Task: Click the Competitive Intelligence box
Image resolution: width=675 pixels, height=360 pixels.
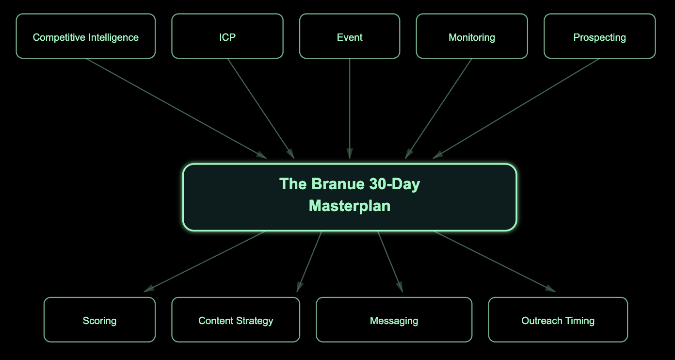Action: point(85,36)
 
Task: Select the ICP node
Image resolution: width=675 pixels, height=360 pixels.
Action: point(227,36)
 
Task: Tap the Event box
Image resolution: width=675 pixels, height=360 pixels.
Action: point(350,36)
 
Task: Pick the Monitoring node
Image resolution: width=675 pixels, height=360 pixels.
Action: point(472,36)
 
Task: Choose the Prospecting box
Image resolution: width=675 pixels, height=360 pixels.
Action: point(599,36)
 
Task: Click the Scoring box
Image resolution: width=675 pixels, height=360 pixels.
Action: point(99,320)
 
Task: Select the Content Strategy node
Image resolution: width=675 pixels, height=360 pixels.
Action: point(236,320)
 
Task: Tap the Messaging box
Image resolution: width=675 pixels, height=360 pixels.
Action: point(394,320)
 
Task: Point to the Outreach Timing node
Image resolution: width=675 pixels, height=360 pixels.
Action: point(558,320)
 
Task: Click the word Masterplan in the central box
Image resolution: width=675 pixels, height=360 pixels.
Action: point(350,206)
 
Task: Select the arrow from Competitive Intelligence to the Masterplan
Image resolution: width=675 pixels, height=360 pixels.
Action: point(177,109)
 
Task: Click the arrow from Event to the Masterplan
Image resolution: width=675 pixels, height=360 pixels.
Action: point(350,109)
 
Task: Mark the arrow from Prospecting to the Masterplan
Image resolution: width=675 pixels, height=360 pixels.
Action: point(516,109)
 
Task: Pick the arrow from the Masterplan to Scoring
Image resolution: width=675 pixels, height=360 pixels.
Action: point(205,262)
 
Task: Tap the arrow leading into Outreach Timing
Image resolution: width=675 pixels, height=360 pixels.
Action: point(495,262)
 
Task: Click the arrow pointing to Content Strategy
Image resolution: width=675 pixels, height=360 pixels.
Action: point(309,262)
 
